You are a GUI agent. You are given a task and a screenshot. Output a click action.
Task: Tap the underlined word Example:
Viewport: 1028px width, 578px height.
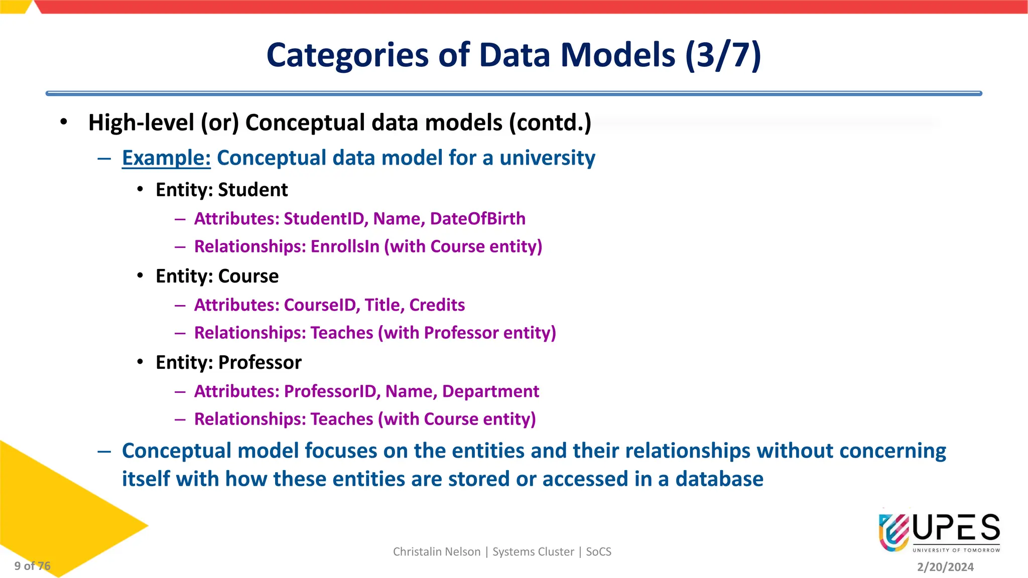point(166,158)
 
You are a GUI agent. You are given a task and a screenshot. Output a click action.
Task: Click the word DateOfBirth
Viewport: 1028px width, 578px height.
point(477,219)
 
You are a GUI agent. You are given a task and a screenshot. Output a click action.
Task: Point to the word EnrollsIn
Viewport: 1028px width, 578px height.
point(345,247)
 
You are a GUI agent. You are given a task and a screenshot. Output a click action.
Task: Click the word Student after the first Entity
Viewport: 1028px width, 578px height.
point(253,190)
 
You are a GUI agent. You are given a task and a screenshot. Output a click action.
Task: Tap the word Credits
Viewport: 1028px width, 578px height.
point(437,305)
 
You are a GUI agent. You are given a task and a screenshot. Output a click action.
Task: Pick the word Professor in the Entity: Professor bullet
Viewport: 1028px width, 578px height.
point(260,363)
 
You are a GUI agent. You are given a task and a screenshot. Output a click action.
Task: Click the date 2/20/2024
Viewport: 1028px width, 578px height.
point(945,567)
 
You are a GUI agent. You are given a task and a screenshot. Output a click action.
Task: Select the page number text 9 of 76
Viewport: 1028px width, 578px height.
point(32,566)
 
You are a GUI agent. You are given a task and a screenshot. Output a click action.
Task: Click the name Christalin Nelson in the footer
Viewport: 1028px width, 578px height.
point(436,552)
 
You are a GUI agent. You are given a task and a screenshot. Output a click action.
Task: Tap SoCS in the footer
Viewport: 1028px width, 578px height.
point(598,552)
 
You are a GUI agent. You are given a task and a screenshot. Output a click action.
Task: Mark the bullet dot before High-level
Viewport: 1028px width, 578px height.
point(63,122)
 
